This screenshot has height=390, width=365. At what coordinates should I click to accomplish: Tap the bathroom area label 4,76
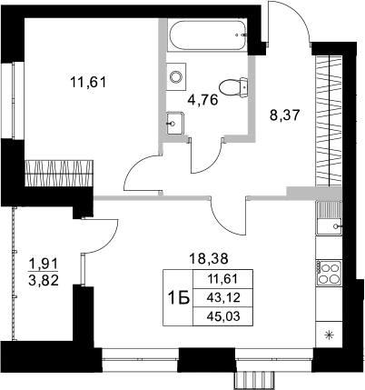point(202,99)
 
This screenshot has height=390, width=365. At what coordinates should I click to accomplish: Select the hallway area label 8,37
point(286,115)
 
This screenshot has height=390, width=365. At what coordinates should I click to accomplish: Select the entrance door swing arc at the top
point(292,23)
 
